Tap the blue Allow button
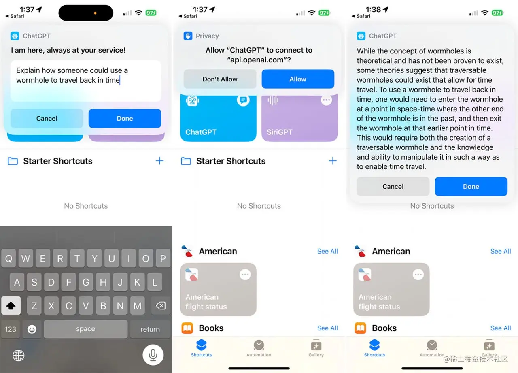(298, 79)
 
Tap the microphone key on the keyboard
(153, 355)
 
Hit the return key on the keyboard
(150, 329)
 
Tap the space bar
(85, 329)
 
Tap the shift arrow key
(11, 306)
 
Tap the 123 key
(11, 329)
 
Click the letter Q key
(8, 258)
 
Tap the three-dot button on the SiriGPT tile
(326, 100)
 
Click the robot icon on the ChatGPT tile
(192, 101)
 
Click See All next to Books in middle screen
(327, 328)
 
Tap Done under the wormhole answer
(471, 186)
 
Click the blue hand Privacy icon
(188, 36)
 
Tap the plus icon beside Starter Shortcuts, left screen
(159, 161)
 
